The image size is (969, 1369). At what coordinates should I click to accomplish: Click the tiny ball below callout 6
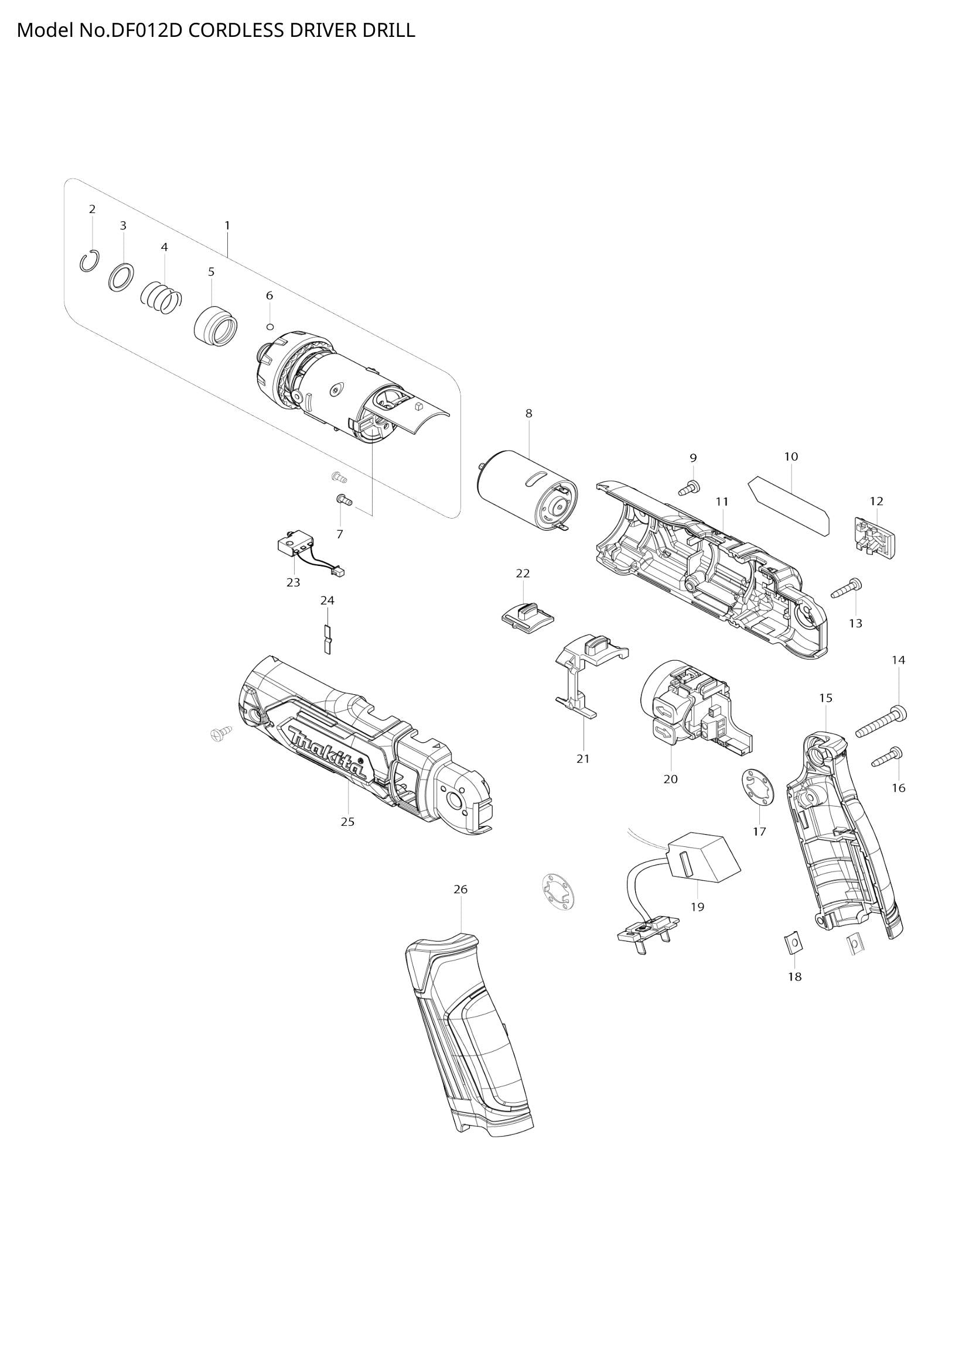pyautogui.click(x=269, y=327)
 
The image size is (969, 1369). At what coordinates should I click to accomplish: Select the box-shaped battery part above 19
pyautogui.click(x=703, y=863)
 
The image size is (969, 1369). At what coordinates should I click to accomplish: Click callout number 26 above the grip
pyautogui.click(x=460, y=905)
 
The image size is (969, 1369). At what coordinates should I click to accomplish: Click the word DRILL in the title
pyautogui.click(x=388, y=30)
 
